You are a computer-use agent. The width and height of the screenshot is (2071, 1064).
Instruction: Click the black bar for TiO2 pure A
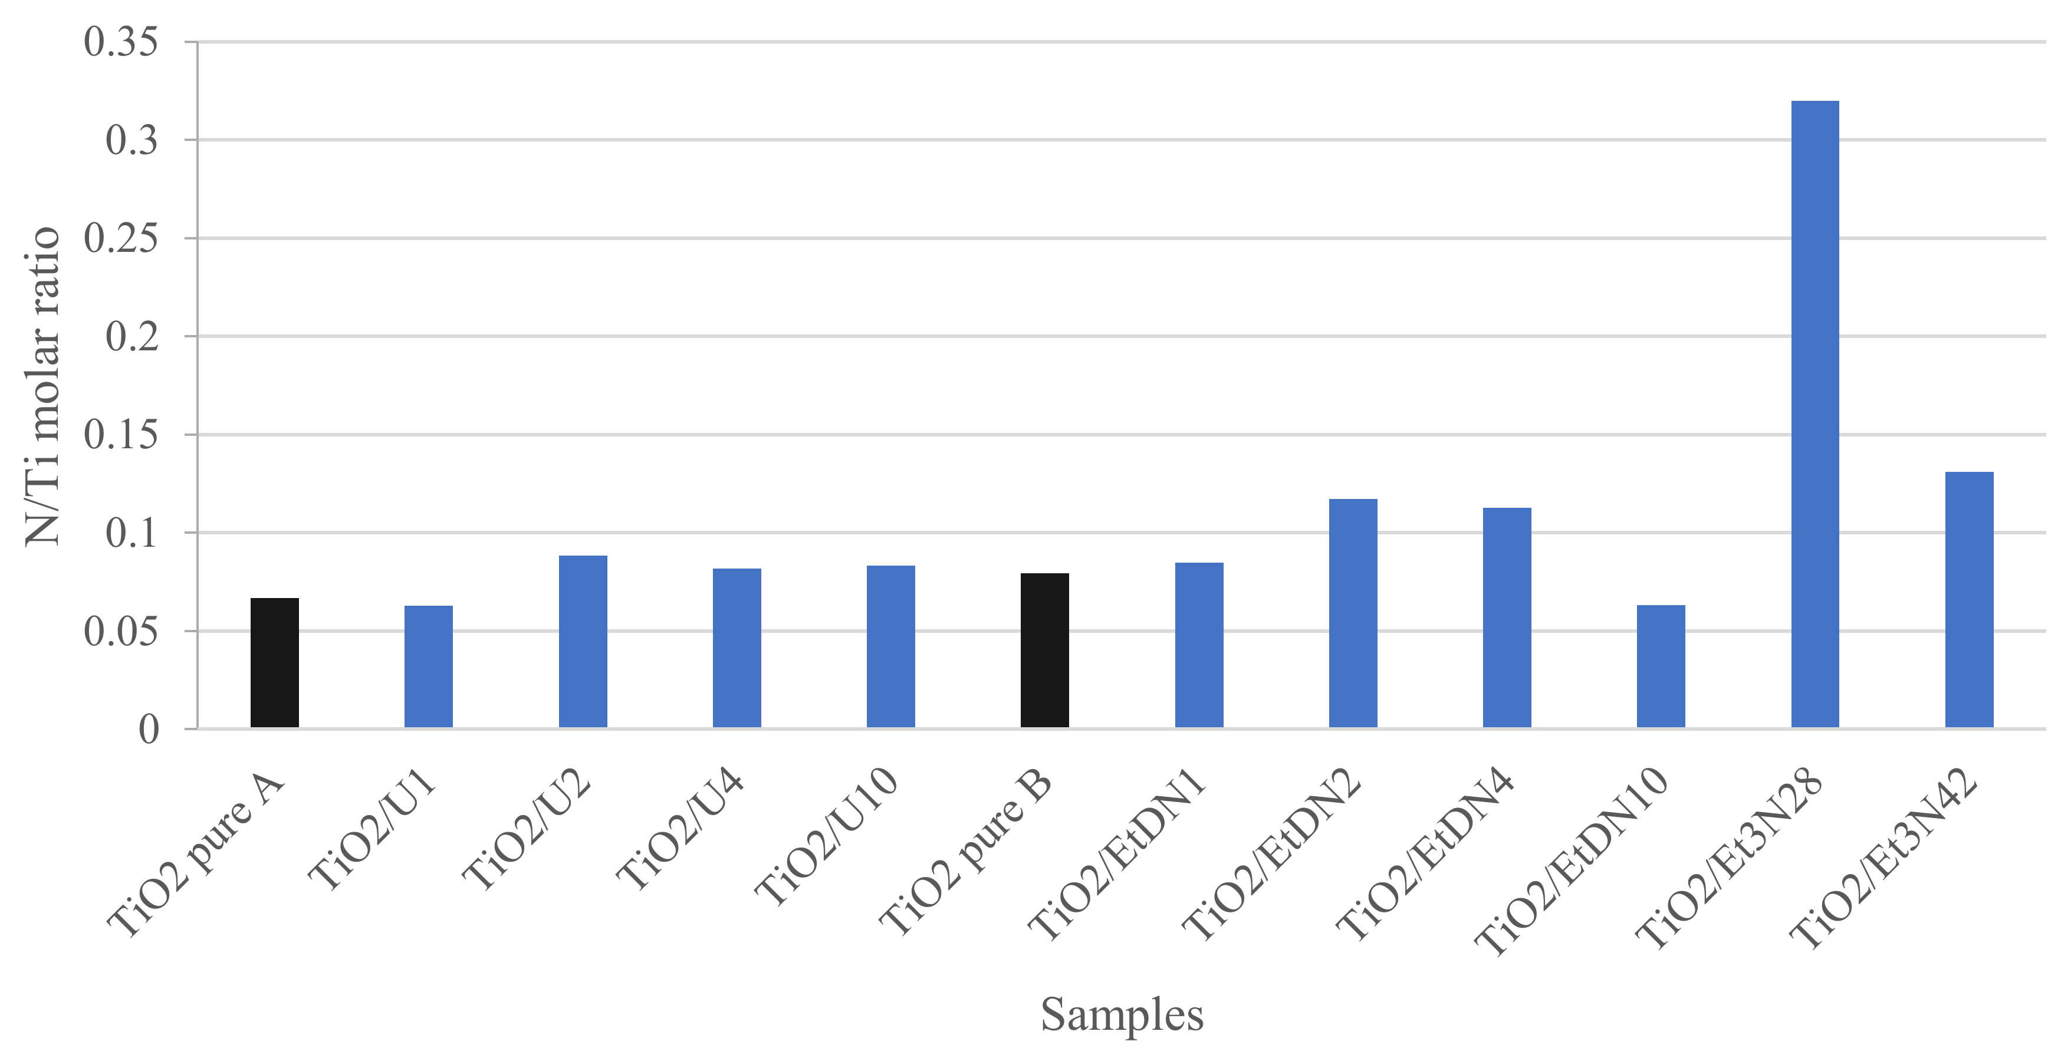[x=274, y=663]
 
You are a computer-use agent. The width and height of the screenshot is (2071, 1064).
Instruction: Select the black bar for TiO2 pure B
[x=1044, y=651]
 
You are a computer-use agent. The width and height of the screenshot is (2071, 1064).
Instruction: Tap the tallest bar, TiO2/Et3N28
[x=1814, y=414]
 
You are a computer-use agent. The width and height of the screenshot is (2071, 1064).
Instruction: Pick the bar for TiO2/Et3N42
[x=1969, y=600]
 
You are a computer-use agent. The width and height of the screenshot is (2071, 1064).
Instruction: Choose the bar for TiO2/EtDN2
[x=1353, y=613]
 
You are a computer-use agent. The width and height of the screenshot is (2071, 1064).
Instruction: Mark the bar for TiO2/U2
[x=583, y=641]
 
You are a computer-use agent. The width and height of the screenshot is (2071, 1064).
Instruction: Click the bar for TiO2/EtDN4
[x=1507, y=618]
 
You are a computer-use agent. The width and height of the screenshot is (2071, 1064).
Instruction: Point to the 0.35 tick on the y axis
[x=121, y=42]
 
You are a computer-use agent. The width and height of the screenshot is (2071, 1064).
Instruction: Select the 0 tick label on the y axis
[x=149, y=730]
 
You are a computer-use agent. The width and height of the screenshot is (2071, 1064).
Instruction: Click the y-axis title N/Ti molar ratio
[x=42, y=386]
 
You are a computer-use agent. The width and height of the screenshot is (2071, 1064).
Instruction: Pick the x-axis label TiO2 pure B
[x=965, y=852]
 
